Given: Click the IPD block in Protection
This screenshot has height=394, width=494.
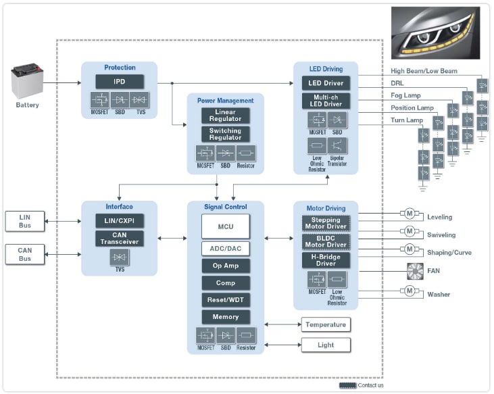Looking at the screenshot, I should click(x=119, y=82).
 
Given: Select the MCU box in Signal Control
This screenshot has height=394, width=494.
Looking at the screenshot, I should click(x=226, y=226).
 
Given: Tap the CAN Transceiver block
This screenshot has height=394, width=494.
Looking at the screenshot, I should click(x=119, y=238).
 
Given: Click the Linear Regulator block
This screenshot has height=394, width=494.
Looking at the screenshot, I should click(x=225, y=115).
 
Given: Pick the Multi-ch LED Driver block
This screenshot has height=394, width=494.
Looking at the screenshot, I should click(x=326, y=101).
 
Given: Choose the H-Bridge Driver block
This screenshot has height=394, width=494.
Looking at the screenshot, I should click(x=326, y=260).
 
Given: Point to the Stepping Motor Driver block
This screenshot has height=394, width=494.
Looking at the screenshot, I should click(x=326, y=223).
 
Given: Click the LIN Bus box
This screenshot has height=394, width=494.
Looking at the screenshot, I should click(x=24, y=220).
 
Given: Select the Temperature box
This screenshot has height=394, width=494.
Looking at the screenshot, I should click(x=326, y=324).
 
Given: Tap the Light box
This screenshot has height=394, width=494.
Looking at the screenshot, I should click(x=326, y=345).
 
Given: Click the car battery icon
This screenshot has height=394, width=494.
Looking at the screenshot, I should click(x=28, y=83).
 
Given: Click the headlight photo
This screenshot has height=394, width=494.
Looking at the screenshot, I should click(x=436, y=34).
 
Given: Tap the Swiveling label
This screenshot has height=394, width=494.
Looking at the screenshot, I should click(x=441, y=235).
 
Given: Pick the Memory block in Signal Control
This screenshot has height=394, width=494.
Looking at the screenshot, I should click(x=226, y=316).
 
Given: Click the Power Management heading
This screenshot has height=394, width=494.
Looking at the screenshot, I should click(x=225, y=101).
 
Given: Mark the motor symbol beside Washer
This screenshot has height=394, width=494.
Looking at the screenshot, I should click(x=409, y=291).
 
